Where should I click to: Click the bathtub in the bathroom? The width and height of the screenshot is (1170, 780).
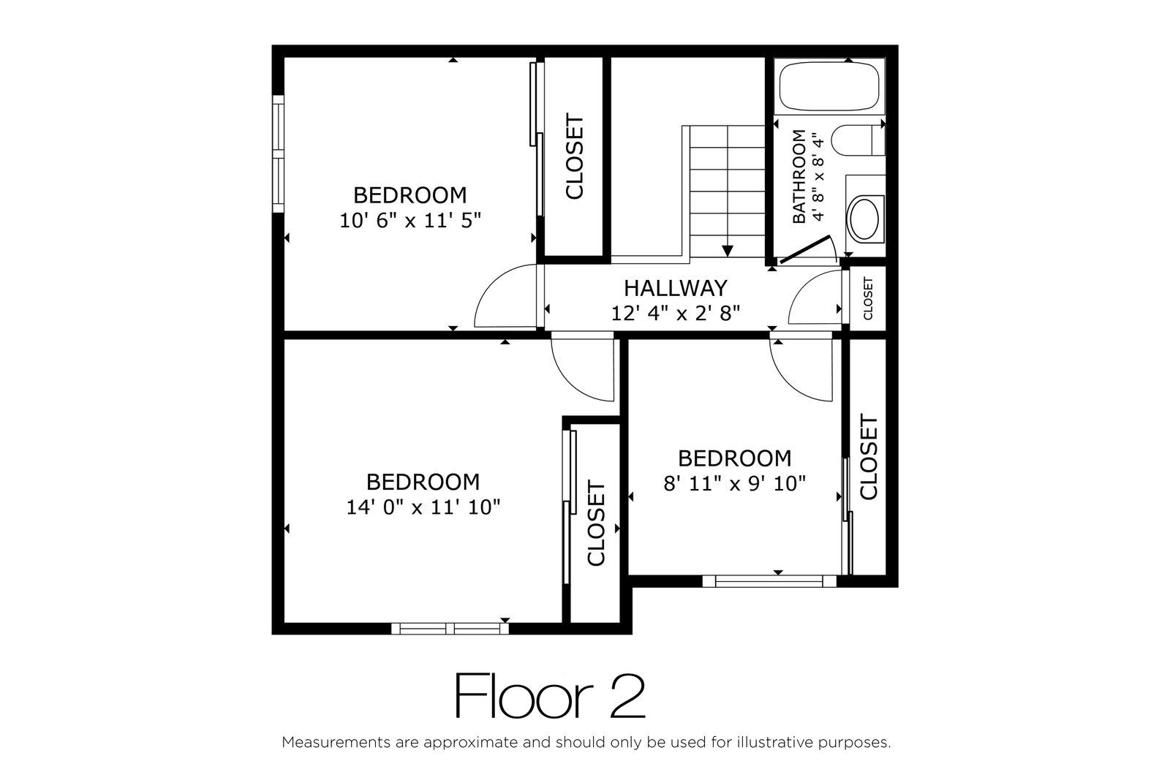pos(829,86)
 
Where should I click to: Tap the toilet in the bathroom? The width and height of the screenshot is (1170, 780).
pos(858,140)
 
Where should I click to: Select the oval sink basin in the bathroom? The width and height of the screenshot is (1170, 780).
pos(864,219)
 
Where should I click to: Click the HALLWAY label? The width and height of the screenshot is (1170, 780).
pos(676,288)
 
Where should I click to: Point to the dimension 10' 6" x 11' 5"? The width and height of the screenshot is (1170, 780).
pos(410,220)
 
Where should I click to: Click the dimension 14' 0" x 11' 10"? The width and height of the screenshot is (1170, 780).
pos(423,507)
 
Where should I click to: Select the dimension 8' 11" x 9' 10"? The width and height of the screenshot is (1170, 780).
pos(734,483)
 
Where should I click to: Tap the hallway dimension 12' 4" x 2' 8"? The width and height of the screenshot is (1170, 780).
pos(676,314)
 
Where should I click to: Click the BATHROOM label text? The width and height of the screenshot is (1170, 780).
pos(799,176)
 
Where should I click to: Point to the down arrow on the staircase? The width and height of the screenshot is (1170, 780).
pos(727,251)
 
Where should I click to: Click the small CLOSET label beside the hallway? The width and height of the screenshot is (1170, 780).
pos(868,299)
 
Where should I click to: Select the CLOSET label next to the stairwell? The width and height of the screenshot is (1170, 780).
pos(574,156)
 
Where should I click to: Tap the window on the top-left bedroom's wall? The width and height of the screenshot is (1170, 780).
pos(279,154)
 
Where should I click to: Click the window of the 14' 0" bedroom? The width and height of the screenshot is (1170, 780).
pos(450,629)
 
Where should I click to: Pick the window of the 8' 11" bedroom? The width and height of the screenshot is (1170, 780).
pos(769,581)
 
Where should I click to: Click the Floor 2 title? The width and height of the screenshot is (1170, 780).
pos(550,697)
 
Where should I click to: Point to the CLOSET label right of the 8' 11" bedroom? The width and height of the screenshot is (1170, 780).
pos(868,457)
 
